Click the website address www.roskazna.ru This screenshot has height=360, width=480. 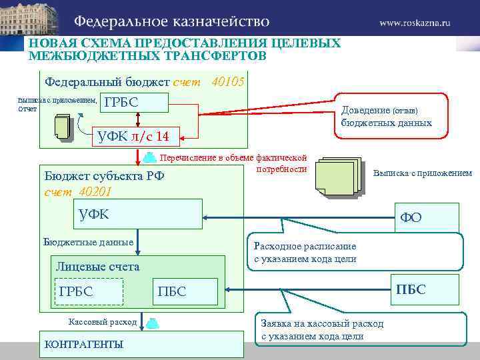click(415, 22)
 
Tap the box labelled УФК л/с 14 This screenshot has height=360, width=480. click(134, 137)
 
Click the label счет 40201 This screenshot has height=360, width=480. click(78, 191)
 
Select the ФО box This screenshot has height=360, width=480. click(427, 217)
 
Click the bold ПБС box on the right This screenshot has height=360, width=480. click(427, 290)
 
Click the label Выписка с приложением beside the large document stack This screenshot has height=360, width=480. click(422, 173)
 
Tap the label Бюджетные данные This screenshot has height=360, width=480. click(88, 242)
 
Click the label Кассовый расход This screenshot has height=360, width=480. click(103, 322)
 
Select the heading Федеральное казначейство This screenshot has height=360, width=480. click(171, 21)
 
